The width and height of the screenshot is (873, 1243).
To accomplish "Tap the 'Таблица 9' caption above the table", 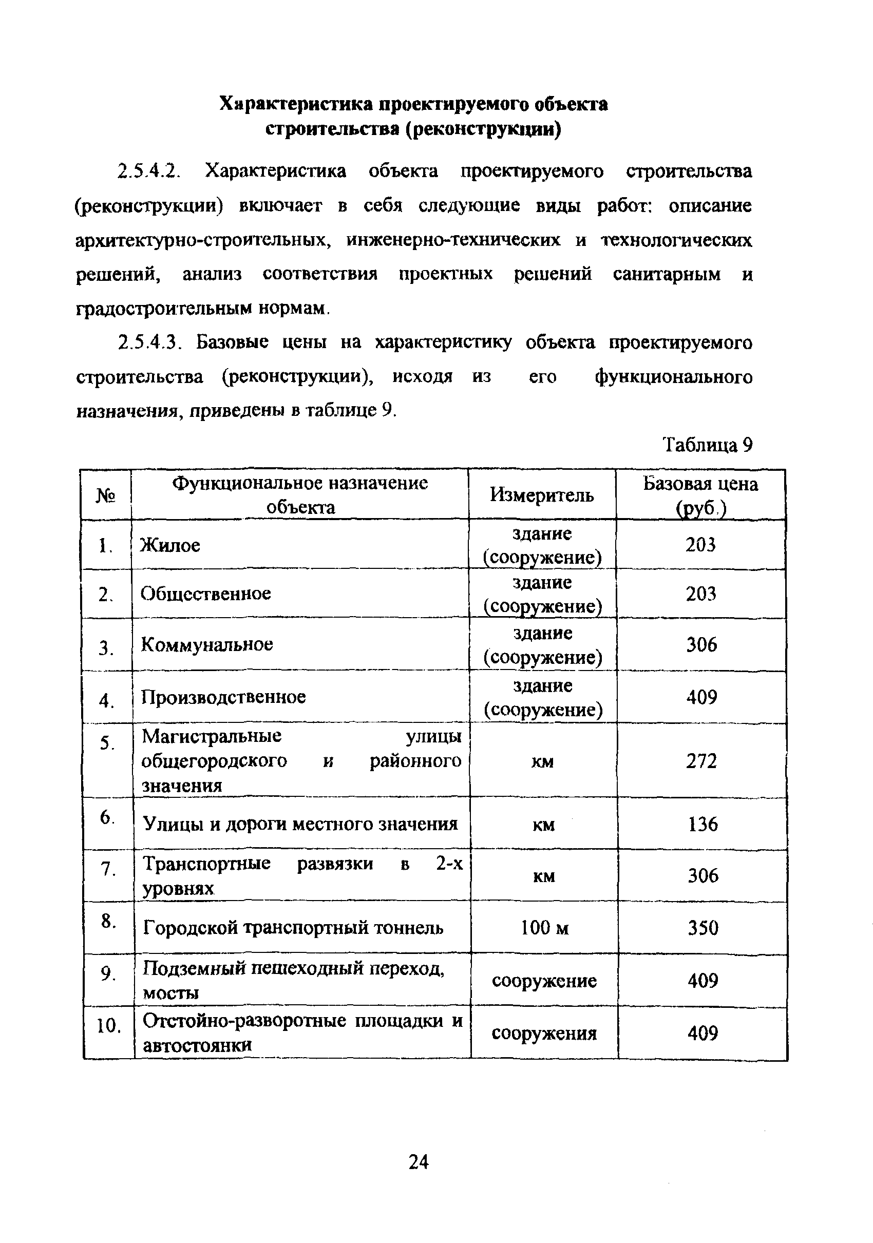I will [707, 445].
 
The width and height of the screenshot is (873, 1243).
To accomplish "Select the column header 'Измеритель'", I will [542, 494].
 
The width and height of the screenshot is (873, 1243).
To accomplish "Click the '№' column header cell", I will [106, 495].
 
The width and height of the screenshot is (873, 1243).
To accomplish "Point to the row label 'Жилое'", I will [170, 545].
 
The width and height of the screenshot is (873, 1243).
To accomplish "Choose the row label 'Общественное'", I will [206, 594].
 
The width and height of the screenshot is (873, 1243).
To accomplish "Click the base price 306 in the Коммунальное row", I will [701, 644].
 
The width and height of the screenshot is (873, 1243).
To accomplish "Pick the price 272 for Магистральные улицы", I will [701, 760].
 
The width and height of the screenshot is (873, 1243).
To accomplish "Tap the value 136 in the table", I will [703, 824].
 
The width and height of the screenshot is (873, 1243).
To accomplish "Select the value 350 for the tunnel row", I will [703, 928].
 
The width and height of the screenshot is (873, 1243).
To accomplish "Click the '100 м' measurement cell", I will [544, 928].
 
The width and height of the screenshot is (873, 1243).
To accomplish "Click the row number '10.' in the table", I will [108, 1025].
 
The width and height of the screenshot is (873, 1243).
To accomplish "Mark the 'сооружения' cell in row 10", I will [544, 1034].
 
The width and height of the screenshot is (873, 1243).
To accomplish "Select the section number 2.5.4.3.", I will [148, 342].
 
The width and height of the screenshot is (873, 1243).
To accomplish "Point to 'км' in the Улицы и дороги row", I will [544, 824].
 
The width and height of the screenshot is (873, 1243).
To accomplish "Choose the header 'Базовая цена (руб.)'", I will [700, 495].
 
